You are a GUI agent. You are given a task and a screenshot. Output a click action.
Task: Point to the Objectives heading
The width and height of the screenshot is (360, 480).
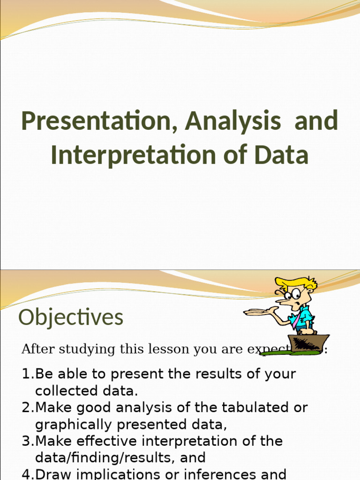pyautogui.click(x=71, y=317)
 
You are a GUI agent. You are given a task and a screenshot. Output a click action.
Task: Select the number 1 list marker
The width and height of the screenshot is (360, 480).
pyautogui.click(x=26, y=374)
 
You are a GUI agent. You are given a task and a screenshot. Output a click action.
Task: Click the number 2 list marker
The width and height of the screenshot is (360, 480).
pyautogui.click(x=26, y=408)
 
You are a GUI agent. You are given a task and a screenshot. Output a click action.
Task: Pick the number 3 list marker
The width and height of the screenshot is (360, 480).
pyautogui.click(x=26, y=442)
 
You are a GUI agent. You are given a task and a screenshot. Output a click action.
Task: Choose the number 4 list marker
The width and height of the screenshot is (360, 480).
pyautogui.click(x=26, y=473)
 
